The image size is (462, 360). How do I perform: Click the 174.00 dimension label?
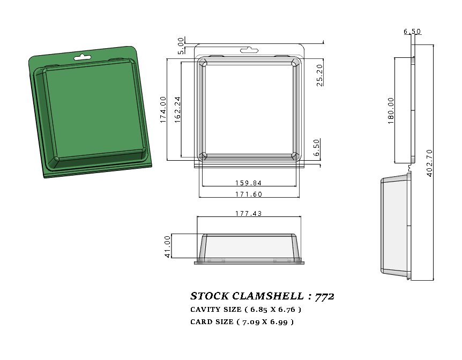(163, 110)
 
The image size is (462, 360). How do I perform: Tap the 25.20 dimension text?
(319, 75)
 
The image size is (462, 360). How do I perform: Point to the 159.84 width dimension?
(248, 183)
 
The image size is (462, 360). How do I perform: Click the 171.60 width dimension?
(248, 194)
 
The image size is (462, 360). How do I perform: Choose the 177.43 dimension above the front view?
(249, 213)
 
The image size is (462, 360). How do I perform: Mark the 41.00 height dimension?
(167, 246)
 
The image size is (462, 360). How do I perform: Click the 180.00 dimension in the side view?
(390, 111)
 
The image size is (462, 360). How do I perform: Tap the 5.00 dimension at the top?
(181, 46)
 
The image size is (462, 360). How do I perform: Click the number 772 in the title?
(325, 296)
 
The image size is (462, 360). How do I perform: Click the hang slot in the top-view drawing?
(249, 50)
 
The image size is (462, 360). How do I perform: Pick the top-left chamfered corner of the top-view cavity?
(203, 63)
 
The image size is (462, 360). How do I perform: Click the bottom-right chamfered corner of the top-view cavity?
(295, 156)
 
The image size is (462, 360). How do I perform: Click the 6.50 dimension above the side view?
(412, 32)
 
